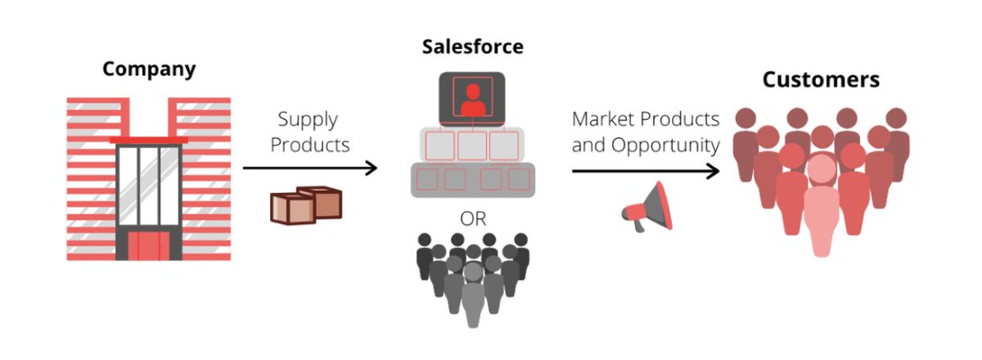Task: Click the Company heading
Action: coord(149,68)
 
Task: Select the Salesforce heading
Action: coord(472,46)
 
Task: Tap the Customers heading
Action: coord(821,79)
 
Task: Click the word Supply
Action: coord(308,119)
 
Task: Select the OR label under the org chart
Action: coord(471,218)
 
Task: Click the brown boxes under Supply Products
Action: coord(305,205)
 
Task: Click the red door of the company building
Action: coord(148,245)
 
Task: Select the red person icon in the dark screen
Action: coord(471,98)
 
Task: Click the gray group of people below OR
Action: coord(471,274)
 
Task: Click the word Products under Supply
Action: coord(310,145)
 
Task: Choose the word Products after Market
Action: coord(681,119)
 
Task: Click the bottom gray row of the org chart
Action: coord(471,179)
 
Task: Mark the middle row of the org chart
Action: coord(471,146)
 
